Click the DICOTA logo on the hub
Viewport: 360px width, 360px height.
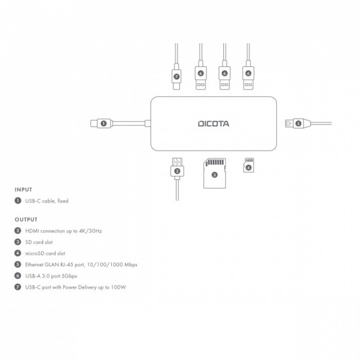pos(213,122)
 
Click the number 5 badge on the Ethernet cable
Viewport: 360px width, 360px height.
pos(297,122)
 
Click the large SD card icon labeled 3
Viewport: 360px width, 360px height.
pos(214,173)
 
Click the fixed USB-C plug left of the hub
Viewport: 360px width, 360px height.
pos(98,122)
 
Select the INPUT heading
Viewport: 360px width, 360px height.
pos(23,190)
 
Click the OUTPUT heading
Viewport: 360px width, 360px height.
pos(26,220)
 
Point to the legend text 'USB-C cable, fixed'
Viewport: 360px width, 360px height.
pos(46,201)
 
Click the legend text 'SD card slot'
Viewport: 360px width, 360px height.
pos(40,242)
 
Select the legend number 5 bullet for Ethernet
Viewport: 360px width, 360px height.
pos(17,264)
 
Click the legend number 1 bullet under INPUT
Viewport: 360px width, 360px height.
pos(17,201)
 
